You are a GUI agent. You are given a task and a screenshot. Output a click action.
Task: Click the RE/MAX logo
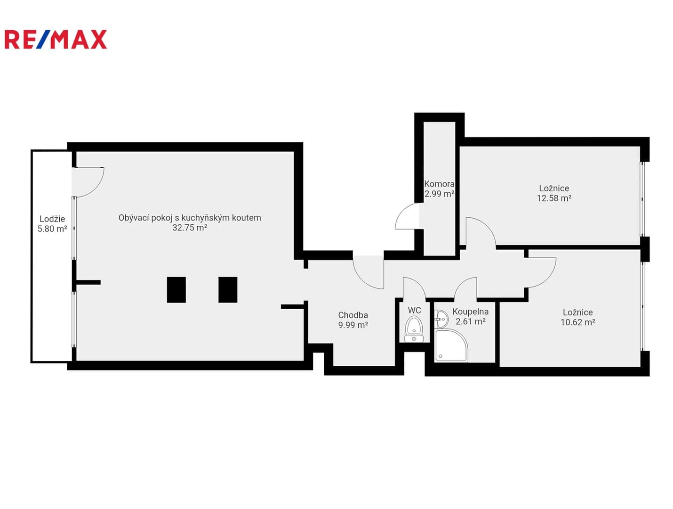pos(56,39)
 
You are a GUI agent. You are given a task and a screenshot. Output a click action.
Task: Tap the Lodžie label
pos(52,219)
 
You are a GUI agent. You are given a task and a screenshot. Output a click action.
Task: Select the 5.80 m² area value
pos(52,229)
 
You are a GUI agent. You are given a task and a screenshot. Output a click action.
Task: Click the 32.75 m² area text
pos(190,228)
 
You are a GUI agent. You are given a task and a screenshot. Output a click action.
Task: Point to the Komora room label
pos(439,184)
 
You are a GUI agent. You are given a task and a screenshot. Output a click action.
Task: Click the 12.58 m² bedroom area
pos(554,198)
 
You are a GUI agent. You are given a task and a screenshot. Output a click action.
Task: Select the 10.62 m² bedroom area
pos(577,322)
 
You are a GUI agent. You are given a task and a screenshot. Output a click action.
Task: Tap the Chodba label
pos(353,315)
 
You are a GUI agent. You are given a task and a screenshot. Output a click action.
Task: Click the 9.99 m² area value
pos(353,325)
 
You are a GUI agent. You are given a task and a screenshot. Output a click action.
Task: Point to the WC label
pos(414,311)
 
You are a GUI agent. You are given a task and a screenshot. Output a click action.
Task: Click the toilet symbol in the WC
pos(414,329)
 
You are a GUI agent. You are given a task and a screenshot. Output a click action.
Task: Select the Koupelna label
pos(470,312)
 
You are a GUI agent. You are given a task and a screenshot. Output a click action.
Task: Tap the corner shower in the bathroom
pos(451,345)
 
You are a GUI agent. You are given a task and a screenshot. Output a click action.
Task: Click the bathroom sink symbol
pos(441,319)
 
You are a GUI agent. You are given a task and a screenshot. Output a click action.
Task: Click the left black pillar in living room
pos(176,290)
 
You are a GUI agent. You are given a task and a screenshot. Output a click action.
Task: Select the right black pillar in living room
pos(228,290)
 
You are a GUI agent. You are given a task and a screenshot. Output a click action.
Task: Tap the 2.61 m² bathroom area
pos(470,321)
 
